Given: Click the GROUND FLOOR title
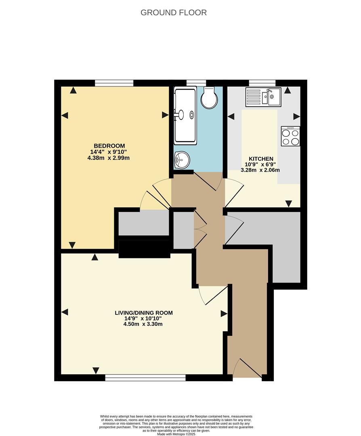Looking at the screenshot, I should coord(174,13).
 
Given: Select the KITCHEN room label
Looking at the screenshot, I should coord(261,159).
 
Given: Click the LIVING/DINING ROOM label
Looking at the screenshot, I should coord(144,312).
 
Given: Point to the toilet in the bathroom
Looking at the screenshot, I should coord(209,99).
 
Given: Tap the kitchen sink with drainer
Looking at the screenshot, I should coord(263,96).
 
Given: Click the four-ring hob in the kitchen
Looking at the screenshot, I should coord(291,136).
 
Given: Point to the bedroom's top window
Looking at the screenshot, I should coord(114,83).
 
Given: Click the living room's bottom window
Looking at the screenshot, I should coord(145,378).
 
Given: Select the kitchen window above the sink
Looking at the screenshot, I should coord(262,83).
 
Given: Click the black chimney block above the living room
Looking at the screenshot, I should coord(144,249).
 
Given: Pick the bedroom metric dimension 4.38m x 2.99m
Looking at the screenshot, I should coord(109,158).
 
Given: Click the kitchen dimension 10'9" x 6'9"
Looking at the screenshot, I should coord(261,164).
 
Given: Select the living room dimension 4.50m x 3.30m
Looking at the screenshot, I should coord(144,324).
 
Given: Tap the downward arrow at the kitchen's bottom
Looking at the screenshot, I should coord(289,203).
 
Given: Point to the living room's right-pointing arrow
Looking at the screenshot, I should coord(224,313).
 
